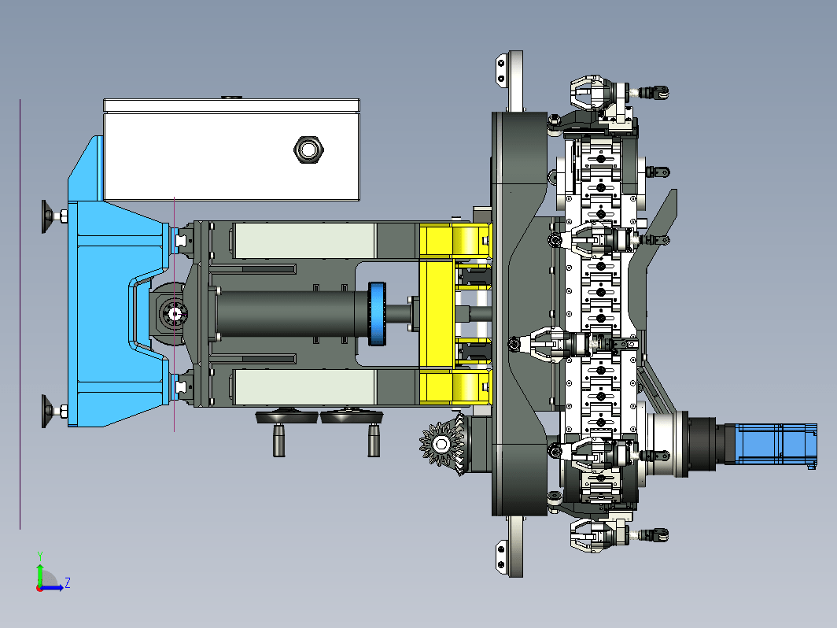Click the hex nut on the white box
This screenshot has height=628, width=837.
tap(308, 150)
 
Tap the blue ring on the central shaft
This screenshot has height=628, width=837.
tap(377, 313)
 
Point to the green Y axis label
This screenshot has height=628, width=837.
tap(40, 556)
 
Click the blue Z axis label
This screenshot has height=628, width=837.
tap(68, 582)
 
